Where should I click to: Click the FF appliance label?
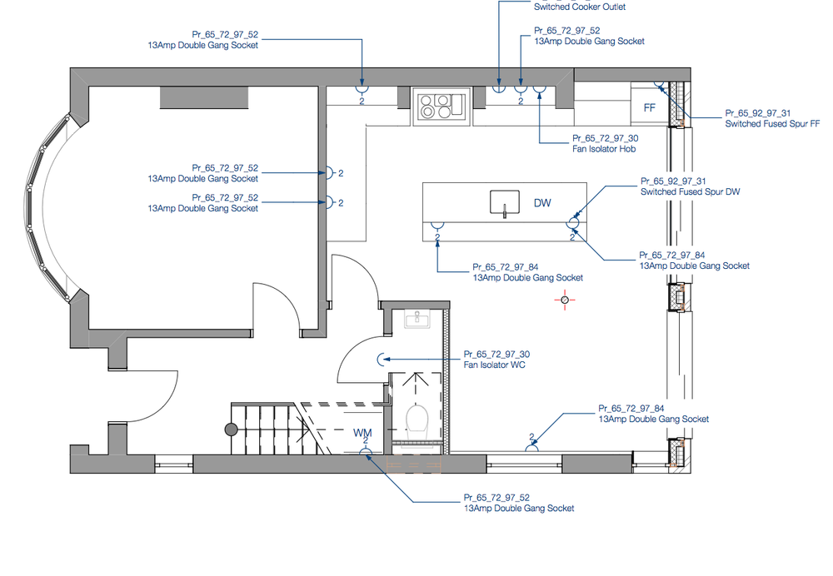coord(650,107)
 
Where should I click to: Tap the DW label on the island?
coord(541,202)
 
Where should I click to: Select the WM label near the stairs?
coord(362,433)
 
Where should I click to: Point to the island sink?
coord(504,202)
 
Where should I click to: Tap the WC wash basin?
coord(415,319)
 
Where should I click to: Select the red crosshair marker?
coord(565,300)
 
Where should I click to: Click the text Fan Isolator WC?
coord(493,365)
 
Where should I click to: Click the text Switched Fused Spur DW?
coord(690,191)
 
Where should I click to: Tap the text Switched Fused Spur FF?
coord(772,123)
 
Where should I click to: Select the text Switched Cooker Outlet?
coord(580,7)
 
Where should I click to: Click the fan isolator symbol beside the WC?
coord(382,360)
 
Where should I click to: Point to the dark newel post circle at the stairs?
coord(232,429)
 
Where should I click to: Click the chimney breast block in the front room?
coord(204,97)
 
